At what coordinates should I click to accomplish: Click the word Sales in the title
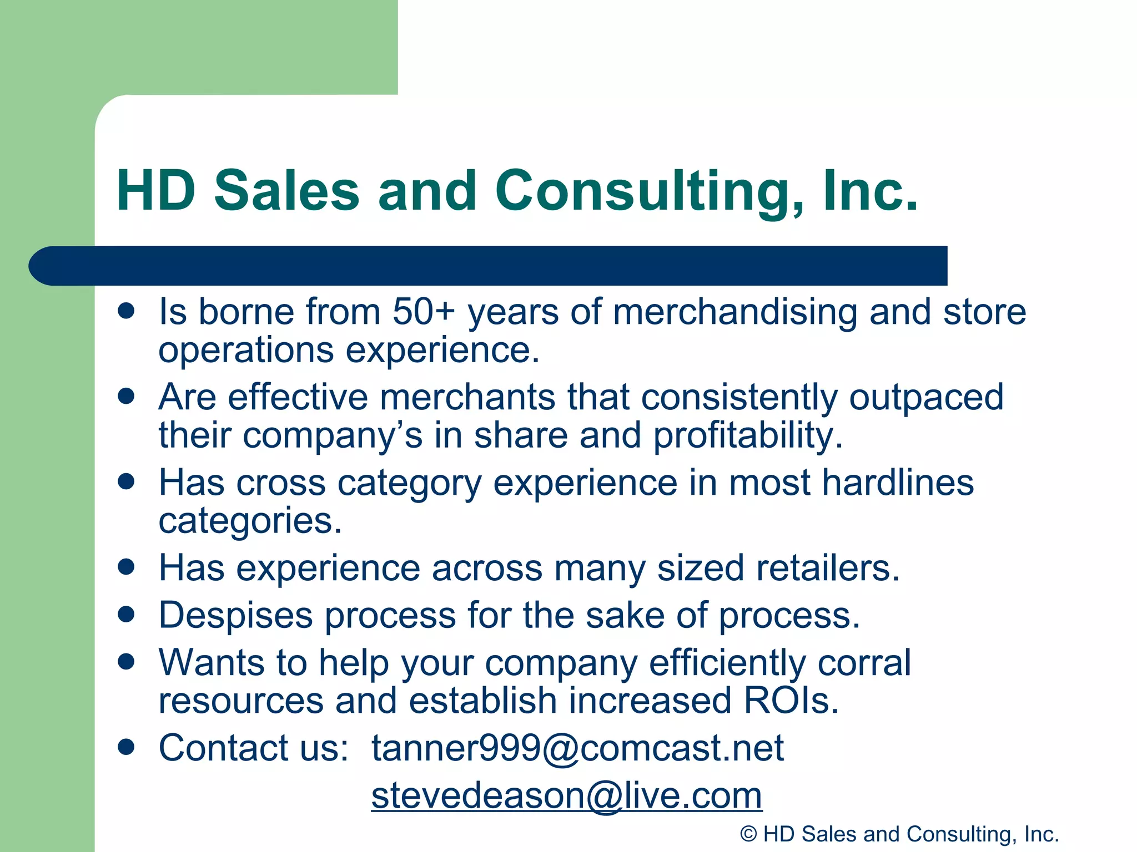(x=286, y=191)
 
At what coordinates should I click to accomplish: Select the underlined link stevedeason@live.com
(x=566, y=795)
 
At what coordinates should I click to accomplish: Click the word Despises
(x=235, y=616)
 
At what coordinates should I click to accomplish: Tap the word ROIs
(x=791, y=701)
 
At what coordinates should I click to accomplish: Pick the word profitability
(x=747, y=435)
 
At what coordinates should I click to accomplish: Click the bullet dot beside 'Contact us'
(x=127, y=747)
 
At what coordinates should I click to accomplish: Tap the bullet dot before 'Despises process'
(x=127, y=614)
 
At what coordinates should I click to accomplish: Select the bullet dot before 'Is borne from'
(x=127, y=311)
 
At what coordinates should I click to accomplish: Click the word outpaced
(x=926, y=398)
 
